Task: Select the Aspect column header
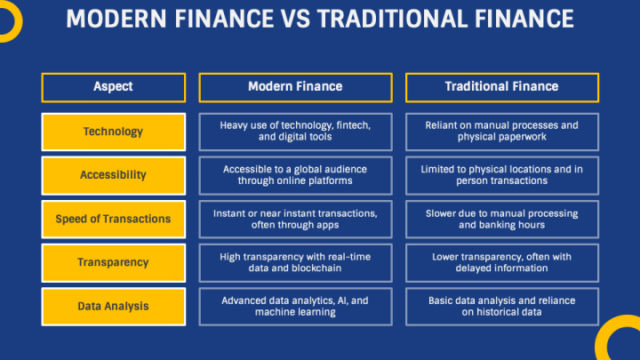(x=113, y=87)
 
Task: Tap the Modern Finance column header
(x=294, y=87)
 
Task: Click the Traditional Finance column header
(x=501, y=87)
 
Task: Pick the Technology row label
(x=113, y=132)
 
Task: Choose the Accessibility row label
(x=113, y=175)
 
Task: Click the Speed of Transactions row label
(x=113, y=219)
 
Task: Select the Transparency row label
(x=113, y=262)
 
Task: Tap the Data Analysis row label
(x=113, y=306)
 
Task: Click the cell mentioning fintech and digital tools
(x=294, y=132)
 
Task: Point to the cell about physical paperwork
(x=501, y=132)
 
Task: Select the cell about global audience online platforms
(x=294, y=175)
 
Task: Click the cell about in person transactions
(x=501, y=175)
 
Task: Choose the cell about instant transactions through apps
(x=294, y=219)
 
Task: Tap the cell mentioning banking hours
(x=501, y=219)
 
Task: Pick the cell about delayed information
(x=501, y=262)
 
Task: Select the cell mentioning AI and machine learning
(x=294, y=306)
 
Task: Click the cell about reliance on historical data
(x=501, y=306)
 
